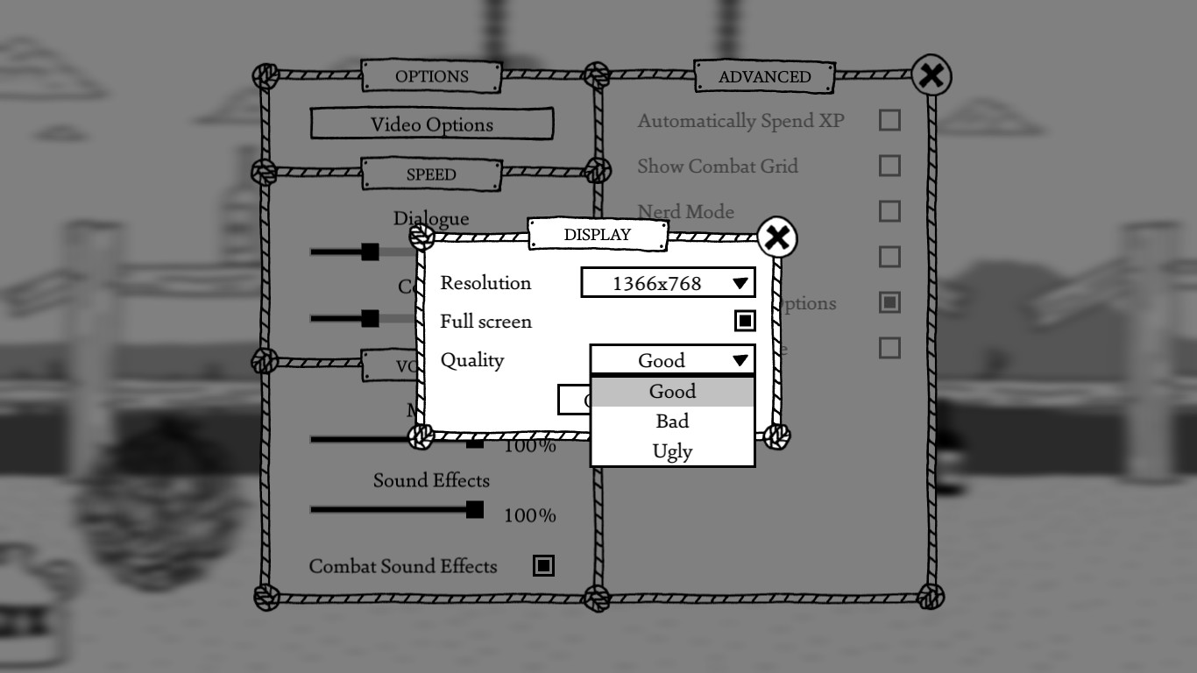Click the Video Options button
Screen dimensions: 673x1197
431,124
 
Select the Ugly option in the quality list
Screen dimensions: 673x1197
672,451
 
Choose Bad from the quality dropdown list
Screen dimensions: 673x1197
672,422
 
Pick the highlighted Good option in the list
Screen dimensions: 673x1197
672,392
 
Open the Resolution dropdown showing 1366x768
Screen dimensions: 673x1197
668,283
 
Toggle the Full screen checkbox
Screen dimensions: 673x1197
744,322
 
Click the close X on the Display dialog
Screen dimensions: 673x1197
776,237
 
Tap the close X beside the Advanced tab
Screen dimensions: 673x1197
931,76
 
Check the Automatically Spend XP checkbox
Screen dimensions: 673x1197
889,120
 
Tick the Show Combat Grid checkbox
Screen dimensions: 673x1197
889,166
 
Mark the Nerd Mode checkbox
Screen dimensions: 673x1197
889,211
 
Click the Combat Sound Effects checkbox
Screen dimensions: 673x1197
543,566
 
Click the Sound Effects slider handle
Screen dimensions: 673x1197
474,509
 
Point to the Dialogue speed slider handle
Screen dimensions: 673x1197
371,252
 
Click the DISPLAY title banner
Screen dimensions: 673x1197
597,235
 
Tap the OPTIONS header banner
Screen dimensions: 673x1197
431,76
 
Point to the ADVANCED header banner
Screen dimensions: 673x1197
764,77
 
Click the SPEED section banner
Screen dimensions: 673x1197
431,174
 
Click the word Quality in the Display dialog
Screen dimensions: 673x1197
472,360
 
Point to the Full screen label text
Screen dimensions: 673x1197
485,322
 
